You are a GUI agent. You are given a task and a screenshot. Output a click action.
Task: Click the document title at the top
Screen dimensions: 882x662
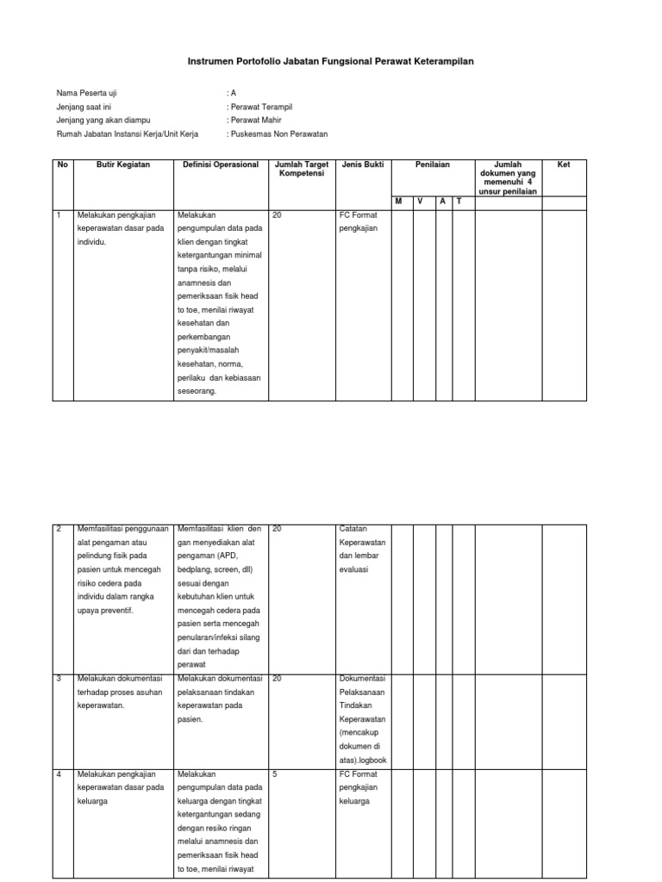tap(331, 62)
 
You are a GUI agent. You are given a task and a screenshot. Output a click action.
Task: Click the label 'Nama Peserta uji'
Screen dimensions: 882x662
tap(84, 93)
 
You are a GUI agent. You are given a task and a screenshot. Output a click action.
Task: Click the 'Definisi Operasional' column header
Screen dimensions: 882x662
tap(221, 165)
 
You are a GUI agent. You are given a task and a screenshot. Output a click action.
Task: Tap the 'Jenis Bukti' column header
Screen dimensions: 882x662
tap(363, 165)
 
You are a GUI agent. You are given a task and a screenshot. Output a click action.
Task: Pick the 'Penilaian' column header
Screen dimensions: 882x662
tap(433, 165)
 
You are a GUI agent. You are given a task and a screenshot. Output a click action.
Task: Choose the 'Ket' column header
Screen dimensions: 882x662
tap(564, 165)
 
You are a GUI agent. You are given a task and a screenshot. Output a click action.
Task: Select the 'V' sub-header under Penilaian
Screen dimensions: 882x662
tap(421, 201)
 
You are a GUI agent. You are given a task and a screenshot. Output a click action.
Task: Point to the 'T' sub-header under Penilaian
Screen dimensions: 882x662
tap(459, 201)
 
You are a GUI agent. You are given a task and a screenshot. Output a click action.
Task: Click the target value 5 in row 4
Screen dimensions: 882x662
tap(275, 774)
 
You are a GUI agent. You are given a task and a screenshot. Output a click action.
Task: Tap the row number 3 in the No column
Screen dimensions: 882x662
tap(59, 679)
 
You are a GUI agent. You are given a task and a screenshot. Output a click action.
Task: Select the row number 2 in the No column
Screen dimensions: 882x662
tap(59, 529)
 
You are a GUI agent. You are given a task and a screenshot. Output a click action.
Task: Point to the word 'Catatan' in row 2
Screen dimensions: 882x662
tap(355, 529)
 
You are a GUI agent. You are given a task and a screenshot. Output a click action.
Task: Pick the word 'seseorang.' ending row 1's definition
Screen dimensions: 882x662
tap(197, 390)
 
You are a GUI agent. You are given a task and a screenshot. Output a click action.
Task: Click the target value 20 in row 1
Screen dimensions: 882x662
tap(277, 216)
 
